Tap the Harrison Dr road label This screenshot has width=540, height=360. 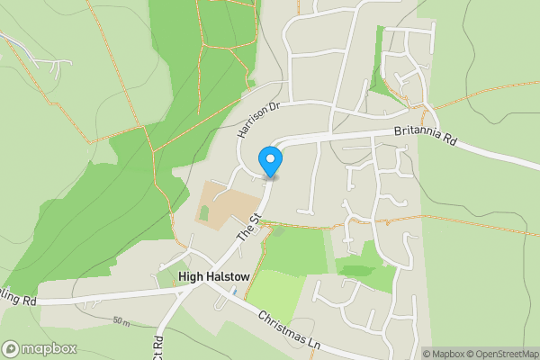(x=258, y=118)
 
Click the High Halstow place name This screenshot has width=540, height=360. (x=213, y=277)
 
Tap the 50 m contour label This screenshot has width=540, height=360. (x=122, y=321)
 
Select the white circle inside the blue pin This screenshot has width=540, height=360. (x=270, y=157)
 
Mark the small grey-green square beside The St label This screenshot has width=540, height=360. (x=276, y=231)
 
